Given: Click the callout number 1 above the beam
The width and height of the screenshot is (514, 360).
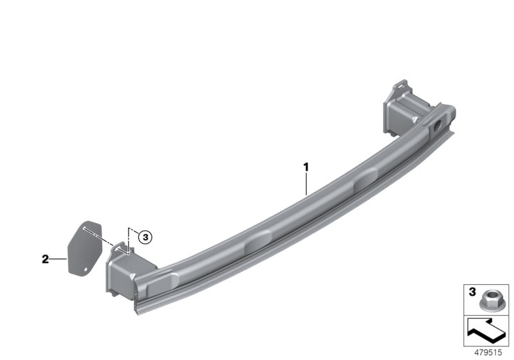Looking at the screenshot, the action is (306, 167).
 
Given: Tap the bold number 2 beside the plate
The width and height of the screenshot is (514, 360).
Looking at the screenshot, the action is (45, 259).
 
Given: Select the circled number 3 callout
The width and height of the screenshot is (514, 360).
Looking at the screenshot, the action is (145, 237).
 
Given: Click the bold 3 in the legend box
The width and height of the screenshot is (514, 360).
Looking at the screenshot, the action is (472, 292).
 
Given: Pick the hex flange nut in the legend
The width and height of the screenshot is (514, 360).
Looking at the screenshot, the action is (487, 301).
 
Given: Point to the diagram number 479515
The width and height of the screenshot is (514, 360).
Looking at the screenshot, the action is (488, 352).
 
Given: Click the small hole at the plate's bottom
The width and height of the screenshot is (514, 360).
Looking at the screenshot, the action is (86, 269).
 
